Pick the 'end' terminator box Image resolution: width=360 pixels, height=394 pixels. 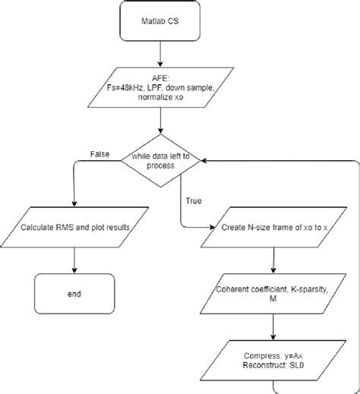74,293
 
